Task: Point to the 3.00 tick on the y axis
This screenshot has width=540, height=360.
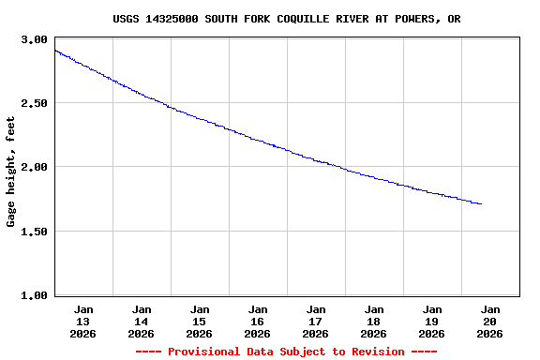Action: point(35,39)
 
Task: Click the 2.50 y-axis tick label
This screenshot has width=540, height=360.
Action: point(35,103)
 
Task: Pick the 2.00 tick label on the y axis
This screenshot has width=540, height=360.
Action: point(35,167)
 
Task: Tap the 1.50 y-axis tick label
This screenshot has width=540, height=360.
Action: point(35,232)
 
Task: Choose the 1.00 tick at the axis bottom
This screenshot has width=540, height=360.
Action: point(35,295)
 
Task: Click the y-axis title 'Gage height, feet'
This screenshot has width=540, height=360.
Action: point(11,172)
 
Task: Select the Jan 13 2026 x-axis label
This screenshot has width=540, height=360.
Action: point(83,321)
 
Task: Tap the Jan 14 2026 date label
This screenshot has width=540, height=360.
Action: point(142,321)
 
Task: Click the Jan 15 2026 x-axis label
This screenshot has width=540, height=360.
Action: point(200,321)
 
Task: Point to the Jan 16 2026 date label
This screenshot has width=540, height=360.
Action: point(258,321)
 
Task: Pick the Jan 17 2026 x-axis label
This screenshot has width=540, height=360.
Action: point(316,321)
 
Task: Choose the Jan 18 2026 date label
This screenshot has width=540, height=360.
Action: point(374,321)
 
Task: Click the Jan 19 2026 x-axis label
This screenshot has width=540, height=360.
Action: point(432,321)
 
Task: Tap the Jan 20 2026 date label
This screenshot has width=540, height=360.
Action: point(489,321)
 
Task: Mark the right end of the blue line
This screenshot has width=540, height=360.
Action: point(481,203)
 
